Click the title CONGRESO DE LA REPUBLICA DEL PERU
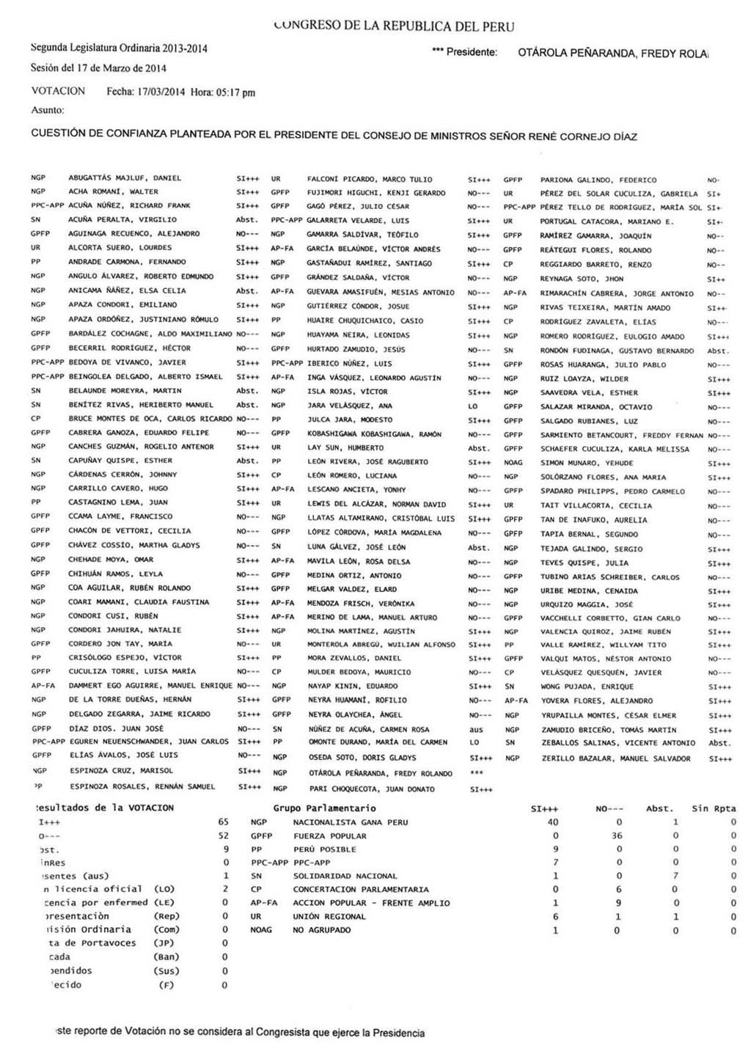point(393,26)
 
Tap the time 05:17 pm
point(235,92)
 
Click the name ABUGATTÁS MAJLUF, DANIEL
point(125,178)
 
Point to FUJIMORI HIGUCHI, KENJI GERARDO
point(376,193)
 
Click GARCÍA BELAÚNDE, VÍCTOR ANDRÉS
point(374,249)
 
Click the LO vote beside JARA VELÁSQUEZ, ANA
point(473,406)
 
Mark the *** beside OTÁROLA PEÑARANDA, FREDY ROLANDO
point(476,773)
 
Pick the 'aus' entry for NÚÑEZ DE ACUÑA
point(476,729)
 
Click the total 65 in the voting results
point(223,822)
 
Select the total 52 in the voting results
point(223,835)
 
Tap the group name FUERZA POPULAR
point(329,835)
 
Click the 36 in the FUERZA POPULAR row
point(617,835)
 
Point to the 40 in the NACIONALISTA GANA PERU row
point(553,822)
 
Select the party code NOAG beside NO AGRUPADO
point(261,929)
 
